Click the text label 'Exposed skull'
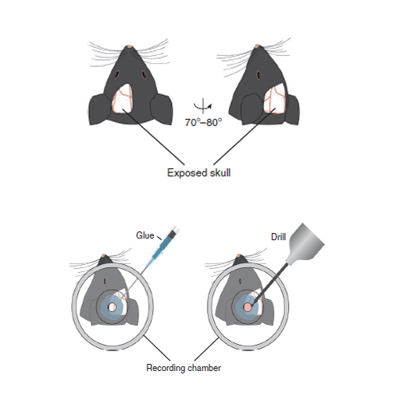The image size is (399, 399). pyautogui.click(x=199, y=173)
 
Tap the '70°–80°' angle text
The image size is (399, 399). pyautogui.click(x=203, y=123)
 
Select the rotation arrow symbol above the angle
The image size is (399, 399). pyautogui.click(x=203, y=106)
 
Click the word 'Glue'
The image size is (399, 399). pyautogui.click(x=145, y=235)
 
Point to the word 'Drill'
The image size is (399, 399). pyautogui.click(x=279, y=237)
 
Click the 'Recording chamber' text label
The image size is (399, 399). pyautogui.click(x=184, y=368)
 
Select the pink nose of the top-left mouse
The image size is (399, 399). pyautogui.click(x=129, y=47)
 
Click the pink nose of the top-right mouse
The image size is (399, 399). pyautogui.click(x=257, y=46)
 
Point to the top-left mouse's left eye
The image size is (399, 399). pyautogui.click(x=117, y=74)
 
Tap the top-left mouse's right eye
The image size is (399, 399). pyautogui.click(x=144, y=74)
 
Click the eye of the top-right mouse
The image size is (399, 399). pyautogui.click(x=258, y=75)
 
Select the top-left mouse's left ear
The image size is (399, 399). pyautogui.click(x=100, y=109)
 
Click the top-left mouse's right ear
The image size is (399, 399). pyautogui.click(x=162, y=109)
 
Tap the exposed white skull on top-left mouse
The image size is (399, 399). pyautogui.click(x=122, y=98)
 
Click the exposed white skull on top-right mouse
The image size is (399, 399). pyautogui.click(x=275, y=97)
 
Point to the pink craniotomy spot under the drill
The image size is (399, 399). pyautogui.click(x=247, y=307)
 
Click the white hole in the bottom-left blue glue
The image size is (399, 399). pyautogui.click(x=112, y=307)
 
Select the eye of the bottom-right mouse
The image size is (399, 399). pyautogui.click(x=240, y=280)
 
